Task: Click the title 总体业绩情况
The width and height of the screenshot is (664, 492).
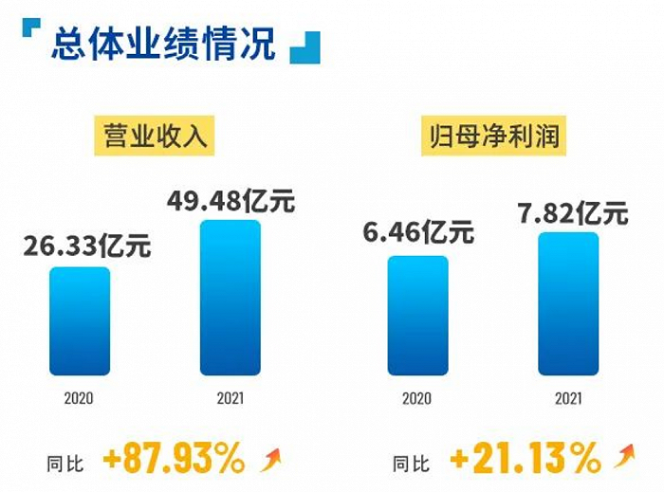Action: click(163, 44)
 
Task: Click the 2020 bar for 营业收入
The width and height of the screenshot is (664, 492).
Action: click(80, 320)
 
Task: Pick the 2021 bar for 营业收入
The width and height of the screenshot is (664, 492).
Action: click(230, 298)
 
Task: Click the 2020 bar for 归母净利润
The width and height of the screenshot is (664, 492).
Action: click(417, 316)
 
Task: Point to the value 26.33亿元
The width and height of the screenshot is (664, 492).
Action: click(86, 247)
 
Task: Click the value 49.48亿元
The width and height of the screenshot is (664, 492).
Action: click(231, 201)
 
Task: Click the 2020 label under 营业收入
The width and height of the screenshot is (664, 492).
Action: click(79, 399)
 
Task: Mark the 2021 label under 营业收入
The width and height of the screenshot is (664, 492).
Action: click(230, 399)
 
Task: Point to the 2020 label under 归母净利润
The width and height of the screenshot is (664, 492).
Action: click(417, 399)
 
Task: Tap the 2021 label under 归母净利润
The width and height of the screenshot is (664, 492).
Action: click(568, 399)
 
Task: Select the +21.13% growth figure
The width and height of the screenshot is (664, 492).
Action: click(525, 460)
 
